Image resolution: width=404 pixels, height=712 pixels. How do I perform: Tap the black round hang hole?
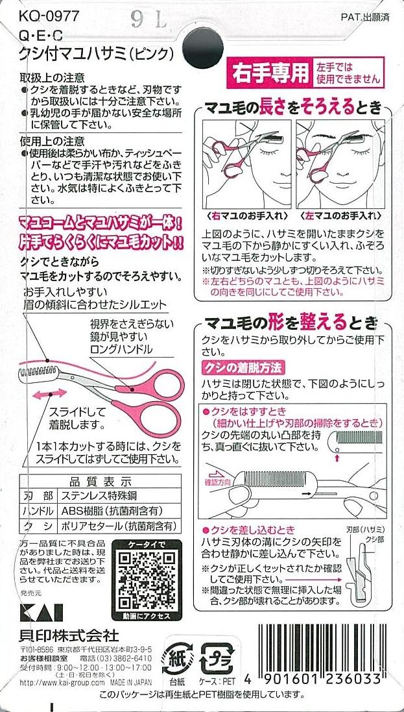pos(203,47)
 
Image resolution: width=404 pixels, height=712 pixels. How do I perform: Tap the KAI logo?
pos(42,613)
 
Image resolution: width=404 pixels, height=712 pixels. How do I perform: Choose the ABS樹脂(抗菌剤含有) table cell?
pos(112,511)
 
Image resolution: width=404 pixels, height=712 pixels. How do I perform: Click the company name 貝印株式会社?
pos(69,634)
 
